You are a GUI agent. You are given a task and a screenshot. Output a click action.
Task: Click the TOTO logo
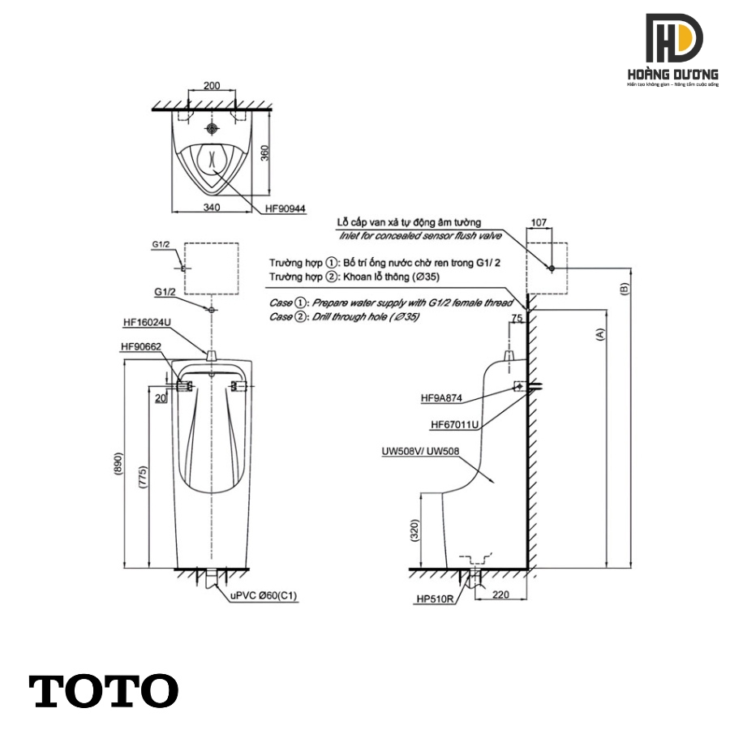point(104,690)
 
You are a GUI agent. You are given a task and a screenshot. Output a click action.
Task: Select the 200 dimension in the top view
point(213,86)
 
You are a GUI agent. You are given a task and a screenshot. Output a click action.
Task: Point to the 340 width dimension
point(212,208)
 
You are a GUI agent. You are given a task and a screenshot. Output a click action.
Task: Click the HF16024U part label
point(147,322)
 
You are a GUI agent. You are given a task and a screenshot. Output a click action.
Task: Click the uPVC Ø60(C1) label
point(264,596)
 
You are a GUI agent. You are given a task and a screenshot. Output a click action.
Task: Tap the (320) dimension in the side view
point(414,530)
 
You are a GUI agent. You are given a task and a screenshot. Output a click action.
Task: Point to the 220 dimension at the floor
point(500,595)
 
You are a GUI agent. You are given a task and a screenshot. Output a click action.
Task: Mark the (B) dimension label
point(624,288)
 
